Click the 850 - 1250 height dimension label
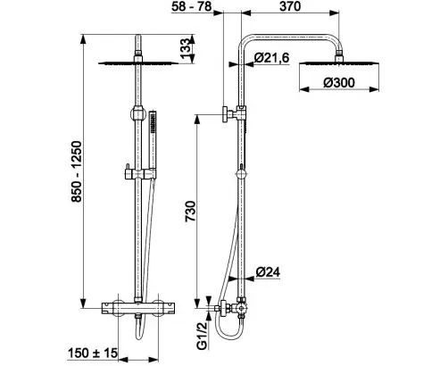click(77, 171)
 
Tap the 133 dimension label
click(185, 48)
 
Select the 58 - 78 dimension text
click(191, 6)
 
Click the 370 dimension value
click(290, 6)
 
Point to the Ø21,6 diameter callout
click(272, 57)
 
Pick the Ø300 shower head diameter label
click(339, 82)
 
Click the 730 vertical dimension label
click(190, 212)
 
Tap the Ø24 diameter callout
click(268, 271)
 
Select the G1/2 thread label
click(203, 336)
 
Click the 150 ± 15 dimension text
click(93, 354)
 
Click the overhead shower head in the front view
click(138, 62)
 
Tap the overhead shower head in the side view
click(339, 63)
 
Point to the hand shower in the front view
click(153, 144)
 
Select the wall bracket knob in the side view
click(226, 113)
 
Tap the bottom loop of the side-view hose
click(228, 335)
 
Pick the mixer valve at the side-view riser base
click(235, 308)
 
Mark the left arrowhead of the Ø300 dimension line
click(304, 89)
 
